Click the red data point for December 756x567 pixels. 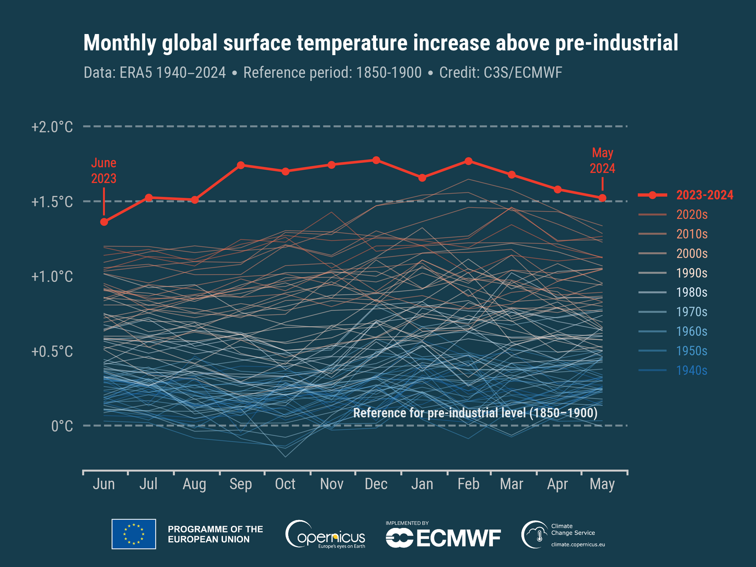pyautogui.click(x=376, y=160)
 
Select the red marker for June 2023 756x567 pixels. pyautogui.click(x=104, y=222)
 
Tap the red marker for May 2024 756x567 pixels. pyautogui.click(x=602, y=198)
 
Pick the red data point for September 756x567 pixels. pyautogui.click(x=241, y=165)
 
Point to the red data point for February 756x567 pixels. pyautogui.click(x=468, y=161)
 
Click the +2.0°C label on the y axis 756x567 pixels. pyautogui.click(x=52, y=127)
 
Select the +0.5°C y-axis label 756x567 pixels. pyautogui.click(x=52, y=352)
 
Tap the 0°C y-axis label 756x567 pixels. pyautogui.click(x=62, y=426)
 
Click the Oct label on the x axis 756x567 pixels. pyautogui.click(x=285, y=484)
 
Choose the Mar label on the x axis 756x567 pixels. pyautogui.click(x=511, y=484)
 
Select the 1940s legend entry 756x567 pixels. pyautogui.click(x=692, y=370)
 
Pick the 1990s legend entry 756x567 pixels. pyautogui.click(x=692, y=273)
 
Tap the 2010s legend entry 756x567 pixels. pyautogui.click(x=692, y=234)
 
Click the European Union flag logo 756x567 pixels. pyautogui.click(x=134, y=534)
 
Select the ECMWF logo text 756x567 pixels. pyautogui.click(x=443, y=538)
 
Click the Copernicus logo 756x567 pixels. pyautogui.click(x=325, y=535)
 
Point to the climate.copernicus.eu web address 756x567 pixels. pyautogui.click(x=578, y=545)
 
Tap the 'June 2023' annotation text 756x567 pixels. pyautogui.click(x=104, y=171)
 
